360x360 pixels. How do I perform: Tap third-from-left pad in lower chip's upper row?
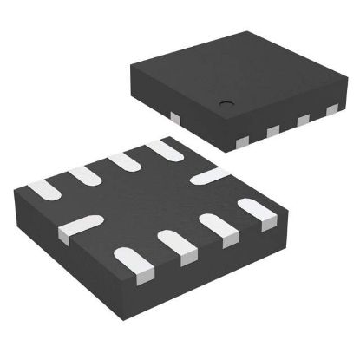[123, 162]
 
